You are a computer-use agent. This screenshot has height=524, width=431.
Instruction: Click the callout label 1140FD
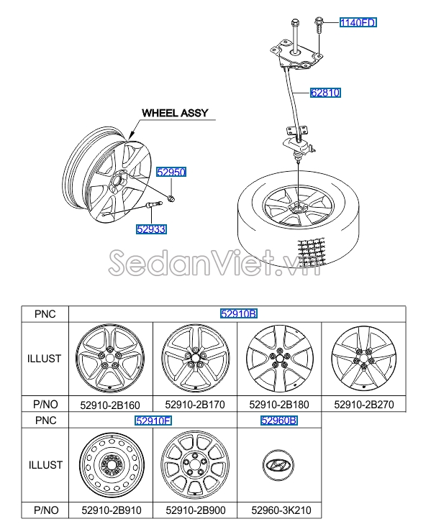[358, 22]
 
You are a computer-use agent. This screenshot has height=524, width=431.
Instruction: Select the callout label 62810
[326, 92]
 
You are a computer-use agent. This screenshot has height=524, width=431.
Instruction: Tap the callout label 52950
[171, 172]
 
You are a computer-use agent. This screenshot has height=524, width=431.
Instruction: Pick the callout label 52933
[151, 229]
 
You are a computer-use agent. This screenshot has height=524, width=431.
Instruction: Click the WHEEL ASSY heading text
[175, 113]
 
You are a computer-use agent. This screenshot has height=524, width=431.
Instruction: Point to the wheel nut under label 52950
[171, 198]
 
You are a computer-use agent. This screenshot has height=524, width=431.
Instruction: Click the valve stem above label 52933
[153, 205]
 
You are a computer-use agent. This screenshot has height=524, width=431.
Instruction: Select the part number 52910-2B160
[110, 405]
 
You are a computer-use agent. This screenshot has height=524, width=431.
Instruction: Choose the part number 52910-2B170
[195, 405]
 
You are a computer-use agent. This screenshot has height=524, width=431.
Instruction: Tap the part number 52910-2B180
[279, 405]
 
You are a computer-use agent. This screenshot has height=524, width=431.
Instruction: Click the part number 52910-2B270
[364, 405]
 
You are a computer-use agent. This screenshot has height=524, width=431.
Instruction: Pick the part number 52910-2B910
[112, 510]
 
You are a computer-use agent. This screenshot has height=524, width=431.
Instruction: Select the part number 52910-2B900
[196, 510]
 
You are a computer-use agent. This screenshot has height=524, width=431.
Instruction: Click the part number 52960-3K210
[281, 510]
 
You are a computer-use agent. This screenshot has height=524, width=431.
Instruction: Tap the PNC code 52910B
[239, 313]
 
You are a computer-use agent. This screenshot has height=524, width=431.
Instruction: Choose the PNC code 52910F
[153, 420]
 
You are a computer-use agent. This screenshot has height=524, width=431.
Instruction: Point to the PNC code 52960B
[279, 420]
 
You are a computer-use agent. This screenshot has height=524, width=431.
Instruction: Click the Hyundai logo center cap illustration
[278, 465]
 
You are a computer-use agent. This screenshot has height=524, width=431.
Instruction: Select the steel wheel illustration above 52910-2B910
[112, 465]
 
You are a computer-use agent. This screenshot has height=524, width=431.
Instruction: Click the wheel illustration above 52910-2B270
[364, 359]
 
